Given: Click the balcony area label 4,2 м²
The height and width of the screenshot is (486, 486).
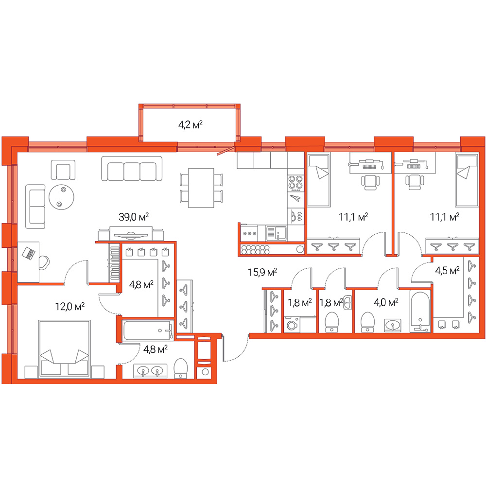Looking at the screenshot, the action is pos(191,125).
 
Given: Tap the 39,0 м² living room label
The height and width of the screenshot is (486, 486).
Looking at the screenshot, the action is pos(134,217).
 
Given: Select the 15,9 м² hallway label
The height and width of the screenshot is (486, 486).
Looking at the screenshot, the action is pos(262,272).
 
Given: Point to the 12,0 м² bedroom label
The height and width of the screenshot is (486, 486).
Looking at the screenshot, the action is pos(69,306).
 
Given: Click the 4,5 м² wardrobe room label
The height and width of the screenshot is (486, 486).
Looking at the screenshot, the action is pos(447,270).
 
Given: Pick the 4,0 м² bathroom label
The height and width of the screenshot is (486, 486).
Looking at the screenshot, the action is pos(386,302).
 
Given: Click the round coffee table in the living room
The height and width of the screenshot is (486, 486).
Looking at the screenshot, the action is pos(61,197).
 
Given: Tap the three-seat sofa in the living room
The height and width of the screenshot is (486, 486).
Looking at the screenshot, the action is pos(132,169).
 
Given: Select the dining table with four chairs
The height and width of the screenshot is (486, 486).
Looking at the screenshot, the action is pos(201,188).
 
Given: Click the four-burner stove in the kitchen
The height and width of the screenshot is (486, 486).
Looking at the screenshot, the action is pos(295,182).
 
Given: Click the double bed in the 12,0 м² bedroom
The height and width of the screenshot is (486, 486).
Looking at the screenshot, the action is pos(65,349).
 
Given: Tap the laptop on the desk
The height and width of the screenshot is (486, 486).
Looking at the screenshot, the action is pos(29,253).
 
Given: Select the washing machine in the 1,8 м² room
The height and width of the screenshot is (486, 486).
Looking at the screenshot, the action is pos(292,325).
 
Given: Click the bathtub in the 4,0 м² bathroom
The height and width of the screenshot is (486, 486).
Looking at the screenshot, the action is pos(420,312).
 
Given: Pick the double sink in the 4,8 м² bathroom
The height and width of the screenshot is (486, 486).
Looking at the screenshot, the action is pos(150,371).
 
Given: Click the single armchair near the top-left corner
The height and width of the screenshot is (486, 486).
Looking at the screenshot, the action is pos(63,170).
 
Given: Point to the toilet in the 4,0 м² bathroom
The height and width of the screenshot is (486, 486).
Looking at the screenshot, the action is pos(368,322).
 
